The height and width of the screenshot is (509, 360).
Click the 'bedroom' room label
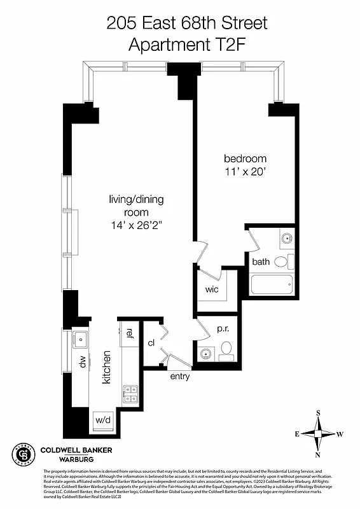coord(245,158)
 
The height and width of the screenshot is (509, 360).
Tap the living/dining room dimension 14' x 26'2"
coord(135,225)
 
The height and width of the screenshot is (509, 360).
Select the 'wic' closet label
coord(212,289)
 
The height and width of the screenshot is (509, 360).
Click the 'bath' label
coord(261,261)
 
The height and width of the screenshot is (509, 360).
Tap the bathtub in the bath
coord(272,284)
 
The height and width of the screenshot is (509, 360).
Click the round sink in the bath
coord(286,240)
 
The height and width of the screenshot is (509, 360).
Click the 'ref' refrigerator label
coord(128,333)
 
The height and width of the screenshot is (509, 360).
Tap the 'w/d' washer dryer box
coord(102,420)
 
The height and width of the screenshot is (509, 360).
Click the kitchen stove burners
coord(130,394)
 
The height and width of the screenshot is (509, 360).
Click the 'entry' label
coord(179,377)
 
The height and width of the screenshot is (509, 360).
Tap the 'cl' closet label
coord(151,343)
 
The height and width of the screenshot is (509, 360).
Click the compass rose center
coord(318,434)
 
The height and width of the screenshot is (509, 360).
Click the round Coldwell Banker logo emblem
coord(24,454)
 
